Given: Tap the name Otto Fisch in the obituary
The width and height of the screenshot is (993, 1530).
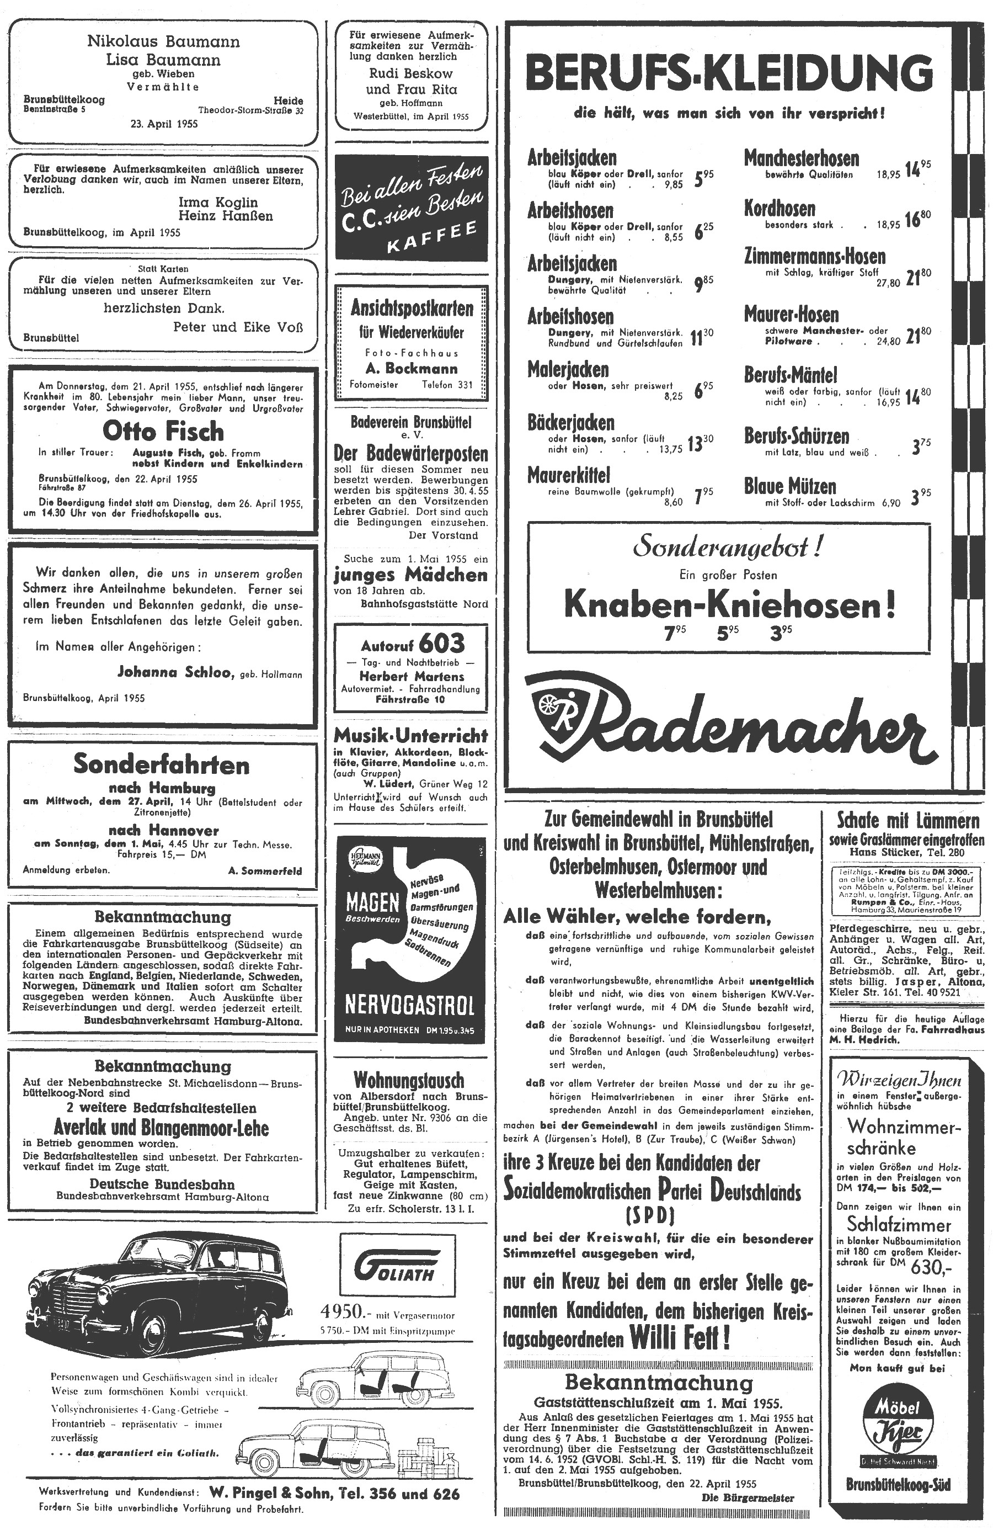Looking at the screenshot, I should click(x=163, y=431).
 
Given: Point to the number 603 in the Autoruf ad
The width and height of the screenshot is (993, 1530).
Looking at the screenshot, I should click(x=441, y=643).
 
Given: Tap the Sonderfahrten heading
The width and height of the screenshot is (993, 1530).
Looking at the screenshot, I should click(x=161, y=764).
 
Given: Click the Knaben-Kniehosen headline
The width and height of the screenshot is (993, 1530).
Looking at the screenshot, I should click(x=729, y=604).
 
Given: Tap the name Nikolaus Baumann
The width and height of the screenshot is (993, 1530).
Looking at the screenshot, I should click(x=163, y=42).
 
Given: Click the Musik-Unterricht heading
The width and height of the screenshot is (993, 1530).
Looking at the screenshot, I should click(x=410, y=735).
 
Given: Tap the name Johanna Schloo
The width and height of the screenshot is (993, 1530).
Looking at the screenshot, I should click(x=175, y=672).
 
